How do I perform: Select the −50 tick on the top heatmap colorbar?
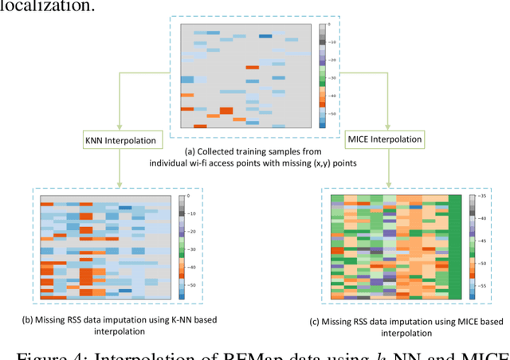click(333, 114)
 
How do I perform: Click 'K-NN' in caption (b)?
click(163, 319)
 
